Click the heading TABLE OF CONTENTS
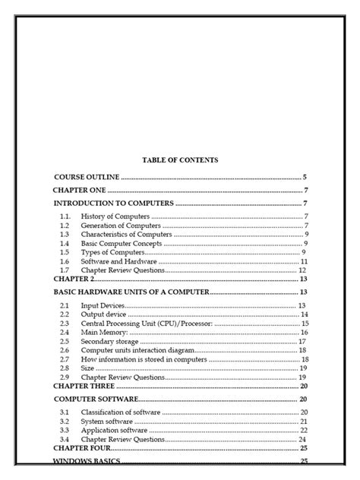[x=180, y=159]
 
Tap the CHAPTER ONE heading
[x=79, y=190]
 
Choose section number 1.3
[x=65, y=235]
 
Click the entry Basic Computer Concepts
[x=123, y=243]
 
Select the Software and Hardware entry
[x=121, y=261]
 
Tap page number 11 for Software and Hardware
[x=302, y=261]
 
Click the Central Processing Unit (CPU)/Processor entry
[x=151, y=323]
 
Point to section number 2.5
[x=65, y=341]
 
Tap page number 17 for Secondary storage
[x=302, y=341]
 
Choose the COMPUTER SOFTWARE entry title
[x=96, y=399]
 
